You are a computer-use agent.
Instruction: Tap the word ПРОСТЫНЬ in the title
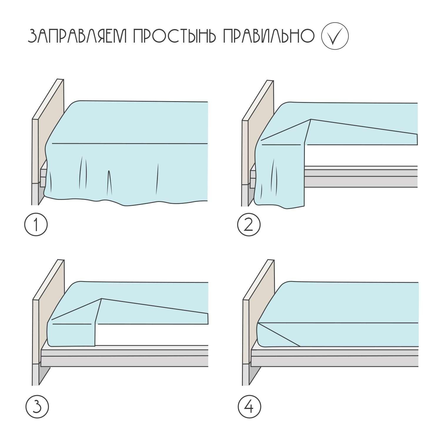pyautogui.click(x=175, y=37)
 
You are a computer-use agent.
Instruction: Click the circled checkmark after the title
pyautogui.click(x=335, y=36)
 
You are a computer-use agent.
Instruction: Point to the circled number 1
pyautogui.click(x=36, y=225)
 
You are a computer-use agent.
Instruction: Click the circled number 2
pyautogui.click(x=249, y=225)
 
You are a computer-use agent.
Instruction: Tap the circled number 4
pyautogui.click(x=249, y=407)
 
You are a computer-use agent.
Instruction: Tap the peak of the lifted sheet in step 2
pyautogui.click(x=311, y=119)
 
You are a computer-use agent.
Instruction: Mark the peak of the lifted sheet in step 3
pyautogui.click(x=101, y=299)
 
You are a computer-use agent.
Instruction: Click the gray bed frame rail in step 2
pyautogui.click(x=361, y=176)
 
